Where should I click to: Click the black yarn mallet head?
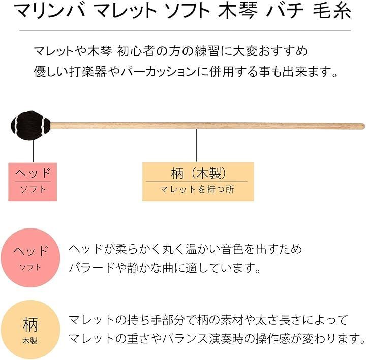pyautogui.click(x=30, y=125)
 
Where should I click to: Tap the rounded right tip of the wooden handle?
pyautogui.click(x=363, y=126)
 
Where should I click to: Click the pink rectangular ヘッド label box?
pyautogui.click(x=33, y=182)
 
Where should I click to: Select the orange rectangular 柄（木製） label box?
pyautogui.click(x=198, y=182)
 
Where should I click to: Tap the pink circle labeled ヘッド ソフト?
pyautogui.click(x=30, y=257)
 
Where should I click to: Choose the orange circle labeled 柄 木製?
pyautogui.click(x=30, y=330)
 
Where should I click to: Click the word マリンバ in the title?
pyautogui.click(x=50, y=11)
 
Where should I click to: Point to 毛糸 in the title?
pyautogui.click(x=332, y=11)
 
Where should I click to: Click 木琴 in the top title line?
pyautogui.click(x=238, y=11)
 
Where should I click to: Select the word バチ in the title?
pyautogui.click(x=285, y=11)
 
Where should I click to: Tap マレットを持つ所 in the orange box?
pyautogui.click(x=197, y=189)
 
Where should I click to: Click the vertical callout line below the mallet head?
pyautogui.click(x=34, y=151)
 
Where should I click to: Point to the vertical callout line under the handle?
pyautogui.click(x=197, y=146)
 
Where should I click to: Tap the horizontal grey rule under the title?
pyautogui.click(x=185, y=31)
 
